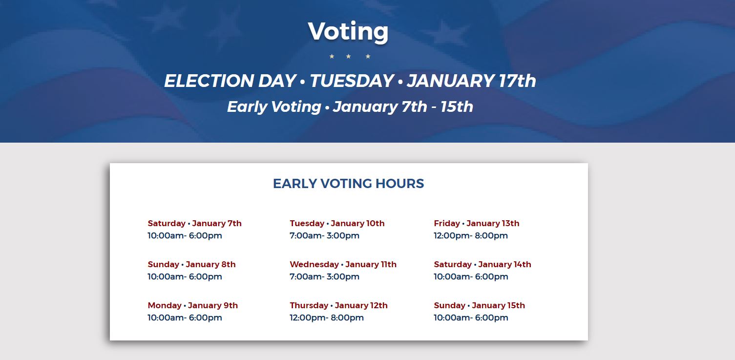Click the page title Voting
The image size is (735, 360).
pos(348,32)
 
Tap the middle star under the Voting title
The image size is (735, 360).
pos(349,57)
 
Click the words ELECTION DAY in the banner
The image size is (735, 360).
pos(231,81)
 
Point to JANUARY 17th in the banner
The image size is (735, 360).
pos(471,81)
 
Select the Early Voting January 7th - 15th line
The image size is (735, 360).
pos(350,106)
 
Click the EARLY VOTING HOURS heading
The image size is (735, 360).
pos(349,184)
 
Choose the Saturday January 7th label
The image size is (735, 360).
pos(194,224)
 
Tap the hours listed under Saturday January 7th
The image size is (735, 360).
pos(185,235)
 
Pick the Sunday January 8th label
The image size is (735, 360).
pos(191,264)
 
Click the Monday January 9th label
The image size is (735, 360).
pos(192,305)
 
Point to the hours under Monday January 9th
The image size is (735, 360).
pos(185,318)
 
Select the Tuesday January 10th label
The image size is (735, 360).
pos(337,224)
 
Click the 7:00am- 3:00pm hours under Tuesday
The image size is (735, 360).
pos(324,235)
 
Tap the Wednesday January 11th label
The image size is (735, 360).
pos(343,264)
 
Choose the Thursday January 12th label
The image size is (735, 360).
pos(338,305)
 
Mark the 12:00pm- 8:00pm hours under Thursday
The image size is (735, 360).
pos(327,318)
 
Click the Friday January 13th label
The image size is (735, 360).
pos(477,224)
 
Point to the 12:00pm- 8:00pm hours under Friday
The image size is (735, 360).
pos(470,235)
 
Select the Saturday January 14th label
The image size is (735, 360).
pos(483,264)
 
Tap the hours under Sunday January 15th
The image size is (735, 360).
pos(471,318)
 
